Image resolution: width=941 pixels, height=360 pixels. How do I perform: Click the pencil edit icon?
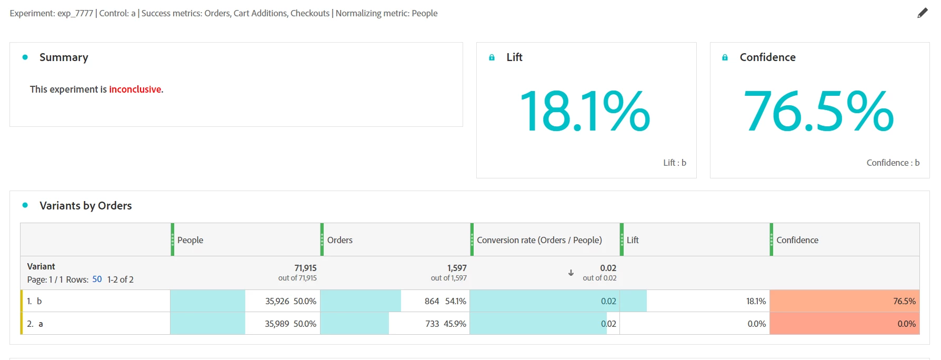[922, 13]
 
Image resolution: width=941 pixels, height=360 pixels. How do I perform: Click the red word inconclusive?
[135, 89]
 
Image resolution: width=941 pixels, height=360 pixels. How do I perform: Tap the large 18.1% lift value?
[585, 111]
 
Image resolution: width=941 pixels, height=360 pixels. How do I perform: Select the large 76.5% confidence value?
[818, 111]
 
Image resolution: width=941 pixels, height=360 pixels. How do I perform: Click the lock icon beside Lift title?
[492, 57]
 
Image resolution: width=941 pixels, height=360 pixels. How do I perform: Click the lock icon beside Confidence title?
[725, 57]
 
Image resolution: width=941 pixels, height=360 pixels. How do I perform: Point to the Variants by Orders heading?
[85, 206]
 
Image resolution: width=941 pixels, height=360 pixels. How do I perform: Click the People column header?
[190, 240]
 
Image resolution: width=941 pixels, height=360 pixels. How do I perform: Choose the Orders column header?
[339, 240]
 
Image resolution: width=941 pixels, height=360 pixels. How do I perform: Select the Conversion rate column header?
[539, 240]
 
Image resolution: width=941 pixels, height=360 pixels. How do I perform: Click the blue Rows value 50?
[97, 279]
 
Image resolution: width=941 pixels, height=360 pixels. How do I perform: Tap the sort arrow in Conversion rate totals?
[571, 273]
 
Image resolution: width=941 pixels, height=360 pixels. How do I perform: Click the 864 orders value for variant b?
[432, 301]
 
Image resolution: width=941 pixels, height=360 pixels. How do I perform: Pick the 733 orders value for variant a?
[432, 324]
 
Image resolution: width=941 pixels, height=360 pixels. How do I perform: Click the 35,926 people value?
[277, 301]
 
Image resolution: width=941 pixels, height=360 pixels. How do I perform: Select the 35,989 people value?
[277, 324]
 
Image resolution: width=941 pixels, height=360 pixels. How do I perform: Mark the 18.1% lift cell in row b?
[756, 301]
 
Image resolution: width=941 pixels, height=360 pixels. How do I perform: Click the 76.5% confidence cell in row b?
[904, 301]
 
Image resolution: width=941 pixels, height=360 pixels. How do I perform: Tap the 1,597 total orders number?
[457, 268]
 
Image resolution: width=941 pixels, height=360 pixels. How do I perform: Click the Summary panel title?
[64, 57]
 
